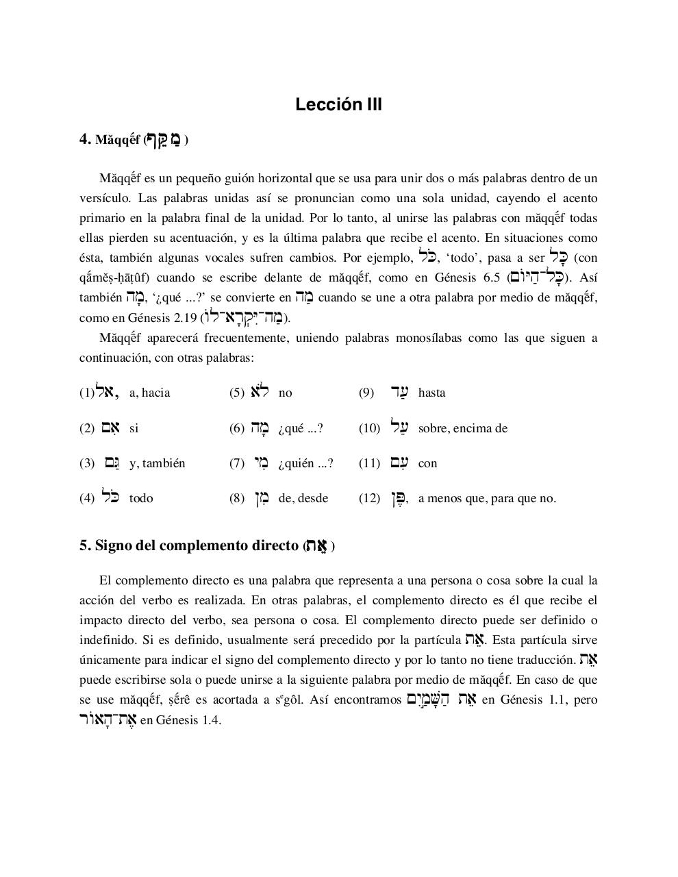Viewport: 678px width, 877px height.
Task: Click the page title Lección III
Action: pos(338,105)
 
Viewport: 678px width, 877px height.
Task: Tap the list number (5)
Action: pos(236,393)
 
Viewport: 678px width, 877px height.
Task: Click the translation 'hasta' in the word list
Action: pos(431,393)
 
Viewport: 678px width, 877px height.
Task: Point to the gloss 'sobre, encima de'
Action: pos(462,428)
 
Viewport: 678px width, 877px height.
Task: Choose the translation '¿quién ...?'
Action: pos(305,463)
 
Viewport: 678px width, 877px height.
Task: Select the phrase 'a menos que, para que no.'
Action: pos(487,498)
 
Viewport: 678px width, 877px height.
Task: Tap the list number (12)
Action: pos(369,498)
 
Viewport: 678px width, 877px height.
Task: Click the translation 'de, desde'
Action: pos(303,498)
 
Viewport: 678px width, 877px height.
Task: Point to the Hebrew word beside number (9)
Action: pos(399,392)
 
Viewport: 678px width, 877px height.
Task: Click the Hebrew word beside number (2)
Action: pos(110,428)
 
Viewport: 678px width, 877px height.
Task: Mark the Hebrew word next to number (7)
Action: pos(260,463)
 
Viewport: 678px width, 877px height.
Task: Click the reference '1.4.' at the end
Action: pos(212,720)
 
